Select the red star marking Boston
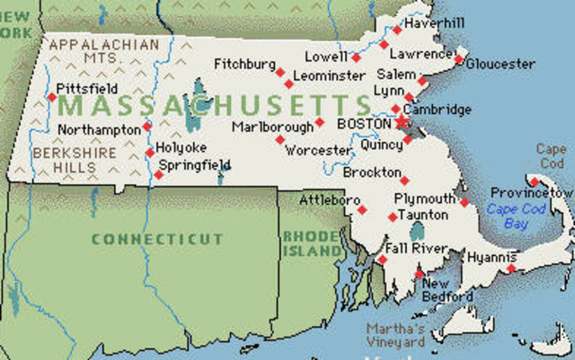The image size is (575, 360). (400, 122)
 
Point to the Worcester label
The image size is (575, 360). (317, 150)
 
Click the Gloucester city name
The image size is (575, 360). (501, 65)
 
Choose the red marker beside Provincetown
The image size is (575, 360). (533, 181)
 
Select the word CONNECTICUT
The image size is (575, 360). (156, 239)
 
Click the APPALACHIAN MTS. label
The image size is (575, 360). (103, 50)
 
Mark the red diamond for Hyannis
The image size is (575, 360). (511, 268)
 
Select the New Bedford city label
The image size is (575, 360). (447, 290)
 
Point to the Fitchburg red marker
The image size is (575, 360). (279, 72)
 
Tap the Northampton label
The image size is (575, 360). (99, 129)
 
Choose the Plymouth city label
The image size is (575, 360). (425, 198)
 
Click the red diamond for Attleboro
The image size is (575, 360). (362, 210)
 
